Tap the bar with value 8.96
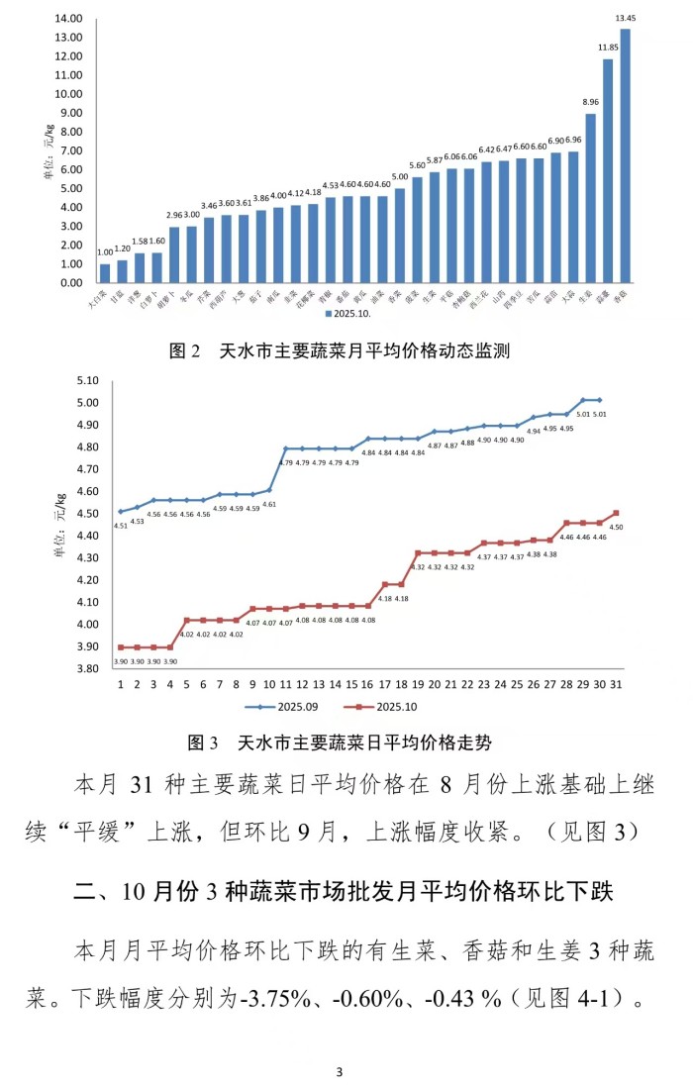[x=590, y=198]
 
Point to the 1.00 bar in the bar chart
[x=105, y=273]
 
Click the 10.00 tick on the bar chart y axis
[x=69, y=94]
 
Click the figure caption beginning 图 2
[x=340, y=350]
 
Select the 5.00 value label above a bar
[x=399, y=177]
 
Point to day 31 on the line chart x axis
[x=616, y=683]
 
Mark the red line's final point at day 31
[x=616, y=513]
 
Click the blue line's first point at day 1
[x=121, y=511]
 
